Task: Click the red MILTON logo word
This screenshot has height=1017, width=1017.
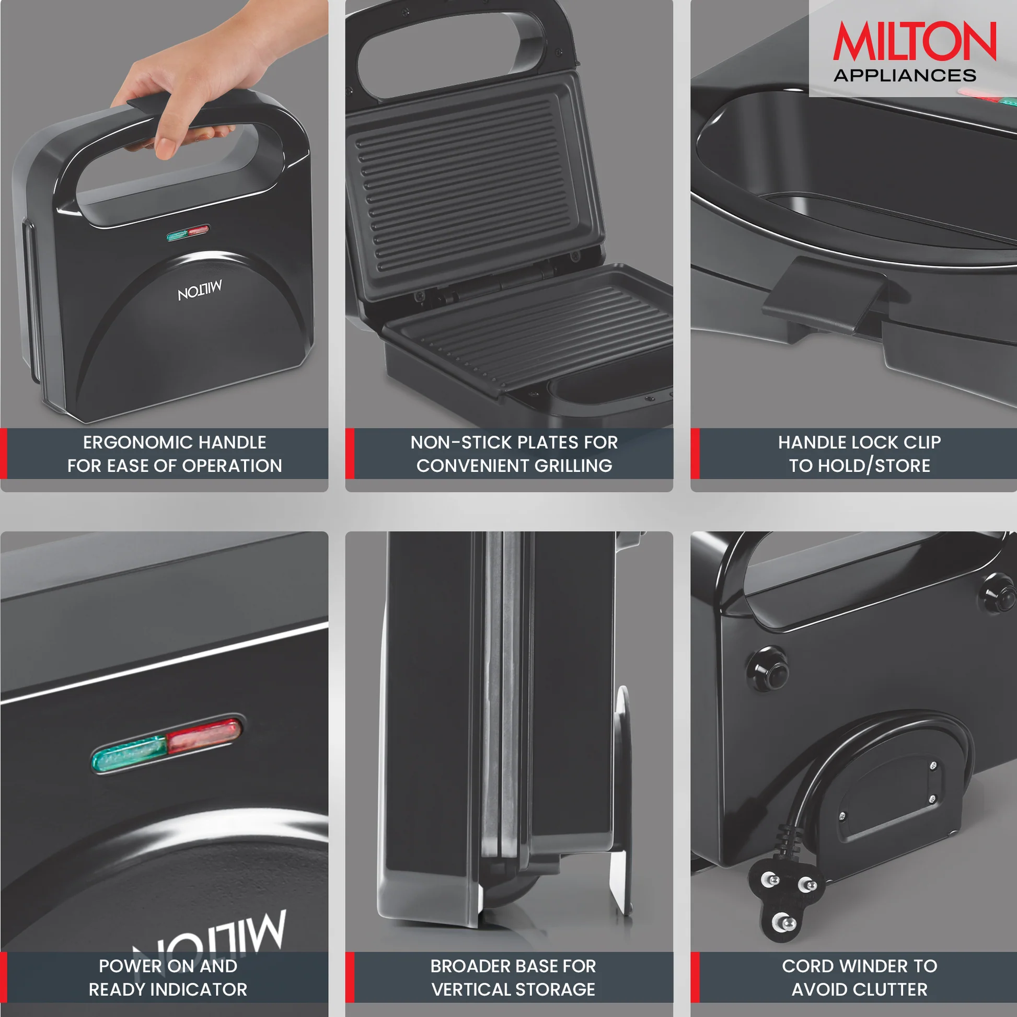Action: (915, 41)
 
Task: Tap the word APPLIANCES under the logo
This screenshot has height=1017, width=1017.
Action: (905, 75)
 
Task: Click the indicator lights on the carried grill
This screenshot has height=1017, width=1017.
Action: (188, 233)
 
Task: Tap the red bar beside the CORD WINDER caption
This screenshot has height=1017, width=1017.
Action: (695, 977)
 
